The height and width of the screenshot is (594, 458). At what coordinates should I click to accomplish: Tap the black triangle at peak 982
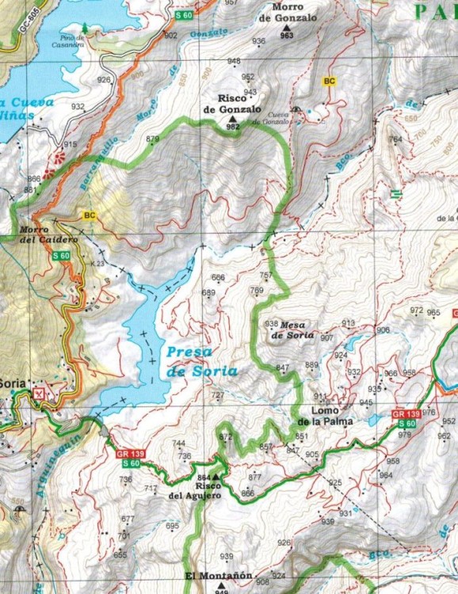pyautogui.click(x=233, y=118)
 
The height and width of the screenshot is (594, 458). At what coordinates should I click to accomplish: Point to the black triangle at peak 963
pyautogui.click(x=286, y=28)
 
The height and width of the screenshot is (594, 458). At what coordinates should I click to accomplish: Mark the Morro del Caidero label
pyautogui.click(x=37, y=234)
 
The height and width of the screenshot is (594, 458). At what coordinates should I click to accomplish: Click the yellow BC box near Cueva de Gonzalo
pyautogui.click(x=329, y=81)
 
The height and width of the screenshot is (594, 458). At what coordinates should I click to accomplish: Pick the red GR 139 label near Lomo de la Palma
pyautogui.click(x=406, y=414)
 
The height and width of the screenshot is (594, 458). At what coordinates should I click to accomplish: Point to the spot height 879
pyautogui.click(x=152, y=139)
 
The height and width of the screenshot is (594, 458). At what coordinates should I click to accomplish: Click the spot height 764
pyautogui.click(x=395, y=139)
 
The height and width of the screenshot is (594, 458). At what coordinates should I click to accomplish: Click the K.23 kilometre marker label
pyautogui.click(x=97, y=263)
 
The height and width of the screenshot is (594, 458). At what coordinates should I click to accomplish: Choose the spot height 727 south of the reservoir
pyautogui.click(x=218, y=394)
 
